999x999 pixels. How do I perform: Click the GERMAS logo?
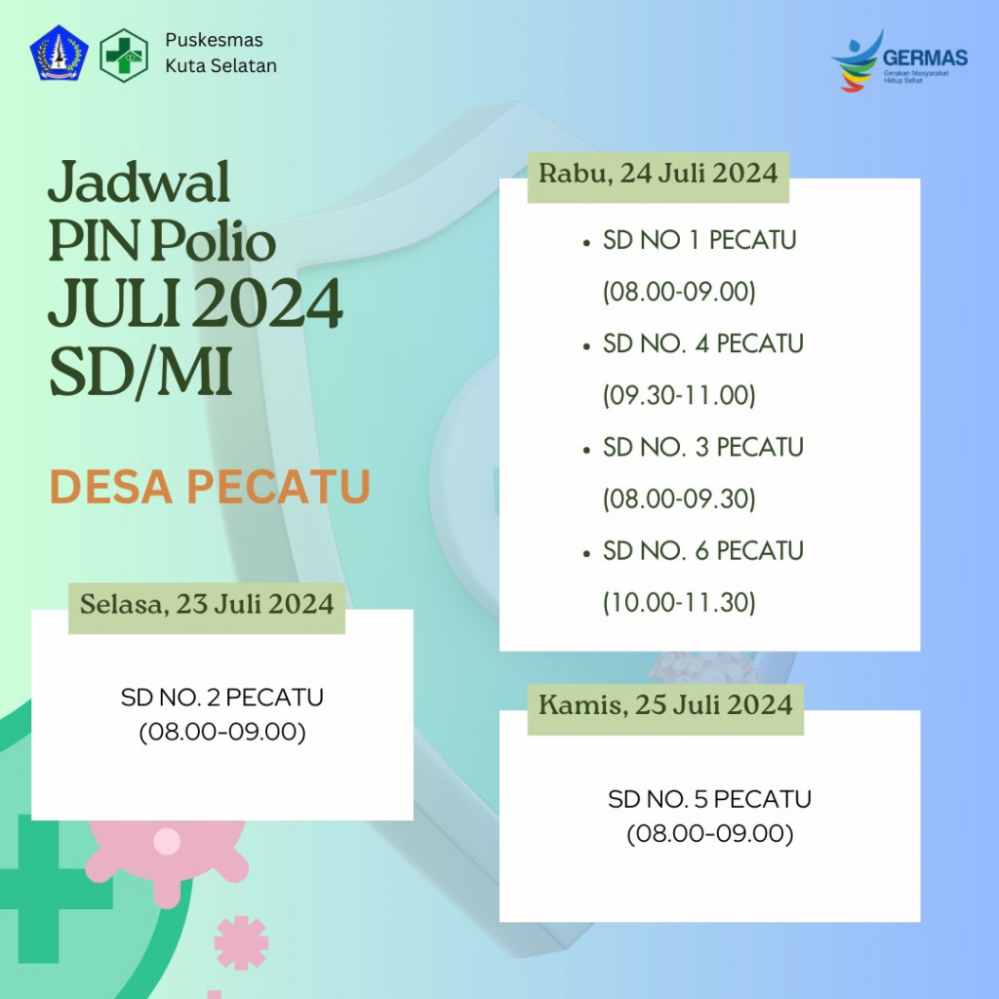[x=899, y=60]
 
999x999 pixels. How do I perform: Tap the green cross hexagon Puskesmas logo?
[x=124, y=54]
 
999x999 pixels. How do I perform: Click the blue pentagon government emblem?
[x=59, y=54]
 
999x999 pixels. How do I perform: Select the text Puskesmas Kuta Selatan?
[x=220, y=54]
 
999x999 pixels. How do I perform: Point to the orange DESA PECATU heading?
[x=210, y=488]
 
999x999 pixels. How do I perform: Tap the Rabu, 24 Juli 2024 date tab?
[x=659, y=175]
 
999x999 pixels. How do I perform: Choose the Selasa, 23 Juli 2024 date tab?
[x=207, y=604]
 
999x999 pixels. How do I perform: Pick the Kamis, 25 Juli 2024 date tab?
[x=665, y=704]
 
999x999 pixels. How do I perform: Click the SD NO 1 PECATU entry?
[x=699, y=240]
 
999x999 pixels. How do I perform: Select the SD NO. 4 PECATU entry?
[x=702, y=343]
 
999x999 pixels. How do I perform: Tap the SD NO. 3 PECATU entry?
[x=702, y=447]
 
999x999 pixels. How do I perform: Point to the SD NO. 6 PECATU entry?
[x=702, y=551]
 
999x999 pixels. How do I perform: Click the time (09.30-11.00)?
[x=679, y=396]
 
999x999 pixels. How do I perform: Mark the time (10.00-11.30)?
[x=679, y=603]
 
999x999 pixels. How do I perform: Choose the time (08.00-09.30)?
[x=679, y=499]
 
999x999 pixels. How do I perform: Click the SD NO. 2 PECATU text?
[x=222, y=698]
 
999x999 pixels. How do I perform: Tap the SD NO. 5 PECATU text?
[x=709, y=800]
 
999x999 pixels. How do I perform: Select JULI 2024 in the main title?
[x=195, y=304]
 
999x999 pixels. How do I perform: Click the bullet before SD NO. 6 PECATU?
[x=585, y=553]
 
